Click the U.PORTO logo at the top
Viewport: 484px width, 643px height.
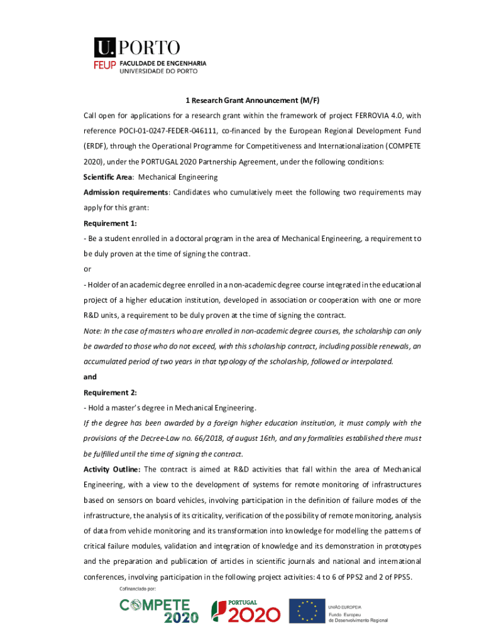137,48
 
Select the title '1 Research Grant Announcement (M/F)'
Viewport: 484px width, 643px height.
252,100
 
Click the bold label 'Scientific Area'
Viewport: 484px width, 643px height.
104,177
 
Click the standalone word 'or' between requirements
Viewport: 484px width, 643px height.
87,269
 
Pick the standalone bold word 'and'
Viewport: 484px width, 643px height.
91,377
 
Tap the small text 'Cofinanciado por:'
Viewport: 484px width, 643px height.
137,590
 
